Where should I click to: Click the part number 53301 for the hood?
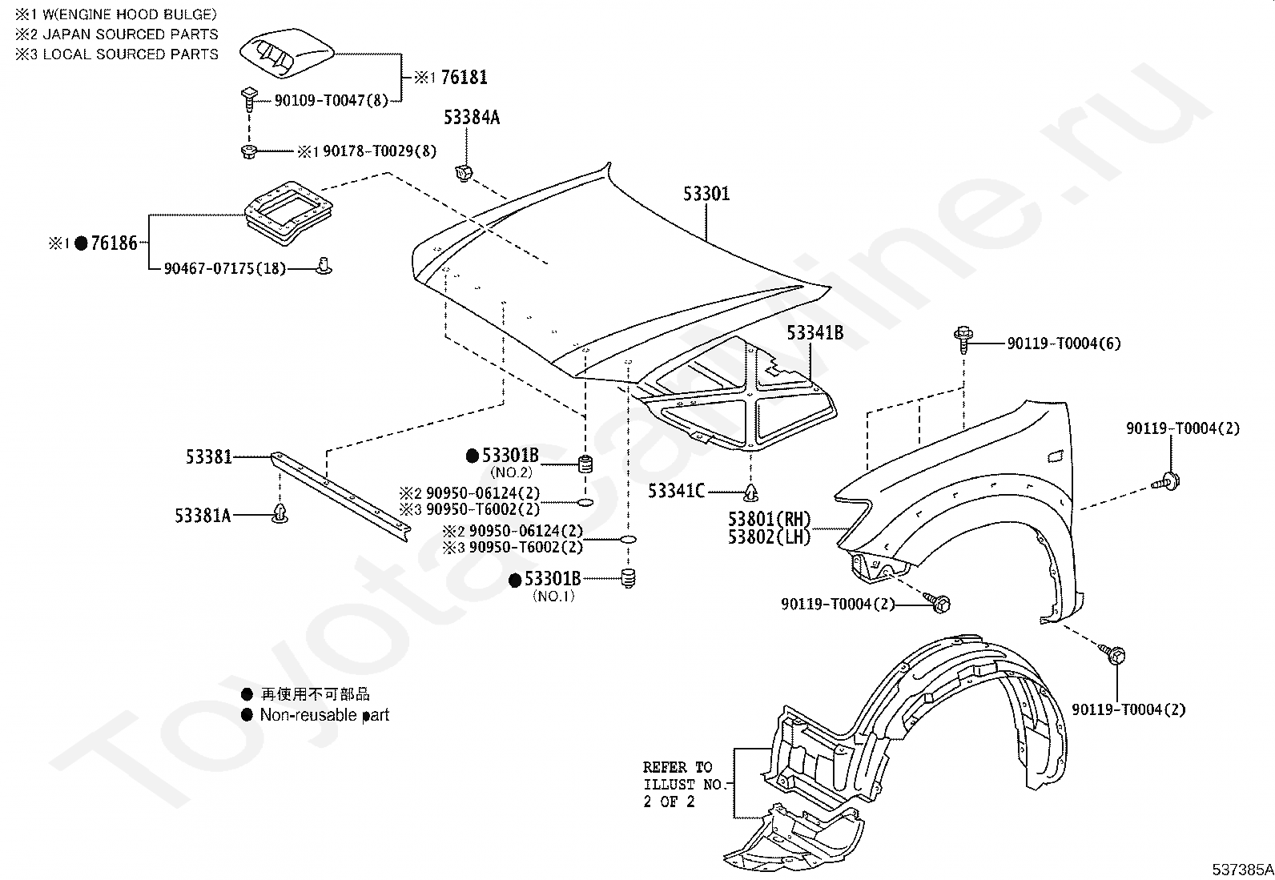(x=706, y=194)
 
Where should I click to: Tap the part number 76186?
(x=115, y=243)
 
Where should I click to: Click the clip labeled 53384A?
(x=463, y=172)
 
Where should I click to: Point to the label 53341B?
(x=814, y=333)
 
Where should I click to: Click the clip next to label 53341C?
(x=751, y=491)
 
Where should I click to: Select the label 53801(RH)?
(x=769, y=520)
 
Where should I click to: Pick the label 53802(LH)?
(x=769, y=537)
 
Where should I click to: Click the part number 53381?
(x=209, y=456)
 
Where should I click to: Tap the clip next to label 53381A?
(x=280, y=514)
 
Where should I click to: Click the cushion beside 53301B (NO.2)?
(x=585, y=464)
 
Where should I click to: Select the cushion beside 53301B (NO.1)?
(x=629, y=577)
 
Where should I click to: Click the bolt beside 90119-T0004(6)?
(x=962, y=340)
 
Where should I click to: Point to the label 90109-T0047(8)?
(x=331, y=100)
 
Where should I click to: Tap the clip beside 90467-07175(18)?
(x=324, y=265)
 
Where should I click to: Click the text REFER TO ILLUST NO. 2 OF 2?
(x=683, y=784)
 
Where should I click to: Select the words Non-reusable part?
(x=324, y=715)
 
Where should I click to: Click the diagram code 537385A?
(x=1241, y=869)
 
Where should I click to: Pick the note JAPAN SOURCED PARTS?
(x=130, y=34)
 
